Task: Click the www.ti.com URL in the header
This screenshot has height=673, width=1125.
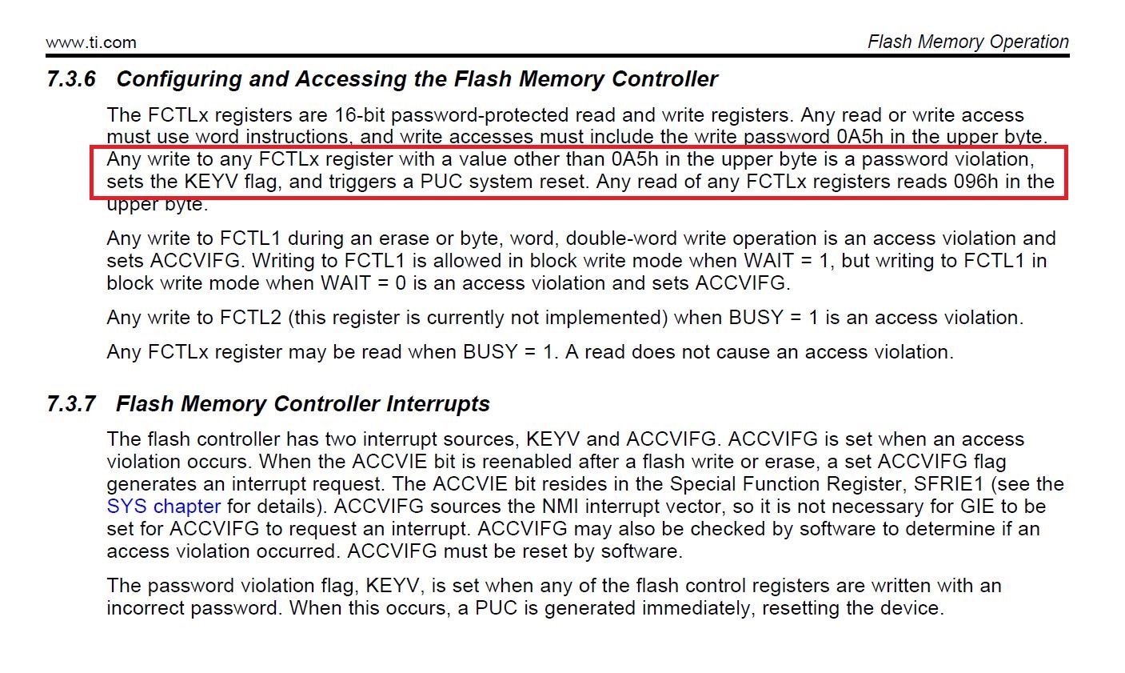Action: coord(91,42)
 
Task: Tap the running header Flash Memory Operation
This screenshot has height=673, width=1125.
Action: coord(967,42)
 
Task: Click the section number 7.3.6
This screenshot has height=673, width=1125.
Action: coord(71,79)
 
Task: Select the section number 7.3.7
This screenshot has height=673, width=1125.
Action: coord(71,404)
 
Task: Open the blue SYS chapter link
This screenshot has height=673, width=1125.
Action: coord(164,507)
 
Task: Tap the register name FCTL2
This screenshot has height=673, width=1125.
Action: coord(250,318)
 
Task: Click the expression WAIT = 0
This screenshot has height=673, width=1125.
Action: coord(365,283)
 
